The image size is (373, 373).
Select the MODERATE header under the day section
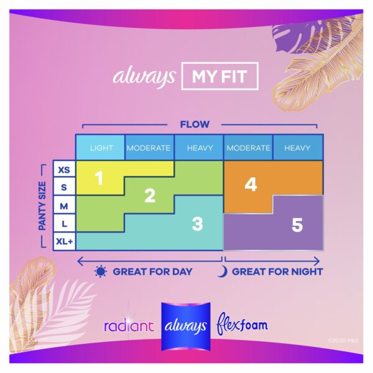pyautogui.click(x=149, y=148)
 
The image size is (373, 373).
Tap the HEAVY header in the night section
pyautogui.click(x=298, y=148)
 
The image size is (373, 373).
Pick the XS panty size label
pyautogui.click(x=64, y=170)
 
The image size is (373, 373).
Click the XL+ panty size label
pyautogui.click(x=64, y=241)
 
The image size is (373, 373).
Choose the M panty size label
pyautogui.click(x=64, y=206)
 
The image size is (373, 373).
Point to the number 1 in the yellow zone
pyautogui.click(x=99, y=178)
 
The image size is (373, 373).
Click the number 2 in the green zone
pyautogui.click(x=150, y=196)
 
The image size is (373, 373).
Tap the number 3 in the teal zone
pyautogui.click(x=198, y=224)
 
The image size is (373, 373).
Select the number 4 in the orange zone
pyautogui.click(x=251, y=185)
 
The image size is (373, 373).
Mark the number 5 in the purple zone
pyautogui.click(x=297, y=225)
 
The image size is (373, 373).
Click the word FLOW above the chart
pyautogui.click(x=195, y=124)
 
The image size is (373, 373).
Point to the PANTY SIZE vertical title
pyautogui.click(x=42, y=206)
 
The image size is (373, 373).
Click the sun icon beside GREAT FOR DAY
pyautogui.click(x=100, y=272)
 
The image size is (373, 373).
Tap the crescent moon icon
pyautogui.click(x=224, y=272)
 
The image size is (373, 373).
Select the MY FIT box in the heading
pyautogui.click(x=219, y=76)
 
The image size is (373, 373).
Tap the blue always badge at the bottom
pyautogui.click(x=186, y=326)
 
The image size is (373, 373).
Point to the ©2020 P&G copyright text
pyautogui.click(x=343, y=341)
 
